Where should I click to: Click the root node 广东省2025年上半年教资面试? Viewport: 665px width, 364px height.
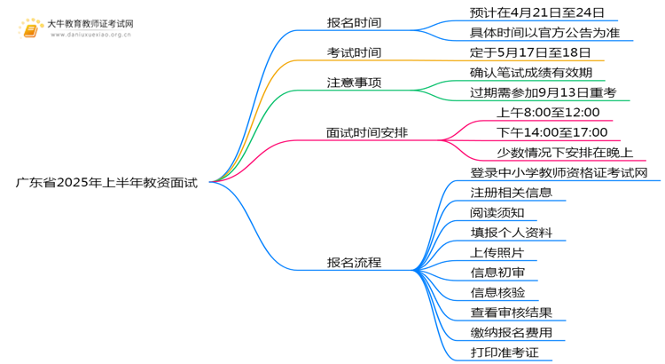[x=106, y=183]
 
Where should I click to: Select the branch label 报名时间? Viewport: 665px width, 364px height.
[x=354, y=22]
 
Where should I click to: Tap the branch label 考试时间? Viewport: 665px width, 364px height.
[x=354, y=52]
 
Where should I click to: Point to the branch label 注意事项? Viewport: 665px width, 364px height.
[x=354, y=83]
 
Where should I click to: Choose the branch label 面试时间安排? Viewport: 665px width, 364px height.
[x=367, y=132]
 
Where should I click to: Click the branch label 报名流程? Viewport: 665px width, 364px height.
[x=354, y=263]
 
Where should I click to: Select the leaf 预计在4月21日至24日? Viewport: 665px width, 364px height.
[x=537, y=12]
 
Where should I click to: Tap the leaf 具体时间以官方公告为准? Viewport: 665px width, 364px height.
[x=544, y=33]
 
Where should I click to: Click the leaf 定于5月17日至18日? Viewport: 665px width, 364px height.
[x=530, y=52]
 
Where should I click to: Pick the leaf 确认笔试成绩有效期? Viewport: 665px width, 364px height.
[x=531, y=73]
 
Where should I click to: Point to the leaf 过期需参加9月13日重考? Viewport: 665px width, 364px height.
[x=543, y=92]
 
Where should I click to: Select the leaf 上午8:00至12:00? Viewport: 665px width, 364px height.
[x=548, y=113]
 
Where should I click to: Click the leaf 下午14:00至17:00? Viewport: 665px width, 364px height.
[x=552, y=132]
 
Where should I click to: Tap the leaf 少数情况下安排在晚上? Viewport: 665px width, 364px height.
[x=565, y=153]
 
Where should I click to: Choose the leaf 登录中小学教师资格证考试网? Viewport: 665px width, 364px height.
[x=559, y=173]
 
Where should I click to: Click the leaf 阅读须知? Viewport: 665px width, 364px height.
[x=497, y=213]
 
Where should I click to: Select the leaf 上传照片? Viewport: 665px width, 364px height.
[x=497, y=253]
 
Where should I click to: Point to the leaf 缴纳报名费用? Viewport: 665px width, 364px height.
[x=511, y=333]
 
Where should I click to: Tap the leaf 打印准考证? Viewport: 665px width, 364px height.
[x=505, y=352]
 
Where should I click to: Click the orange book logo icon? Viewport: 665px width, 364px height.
[x=30, y=29]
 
